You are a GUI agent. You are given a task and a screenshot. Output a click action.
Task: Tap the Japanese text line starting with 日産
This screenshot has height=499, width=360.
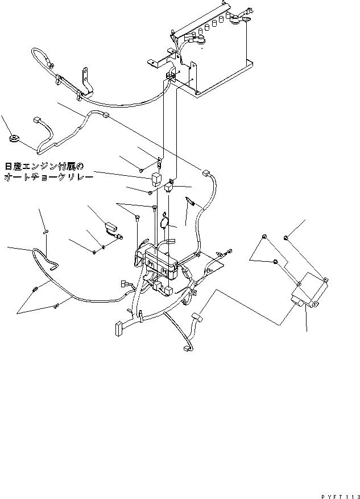(44, 167)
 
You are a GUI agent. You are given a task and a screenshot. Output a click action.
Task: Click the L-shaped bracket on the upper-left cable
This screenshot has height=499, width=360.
(85, 81)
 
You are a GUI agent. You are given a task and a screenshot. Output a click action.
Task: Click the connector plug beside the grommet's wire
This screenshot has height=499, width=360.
(38, 121)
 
